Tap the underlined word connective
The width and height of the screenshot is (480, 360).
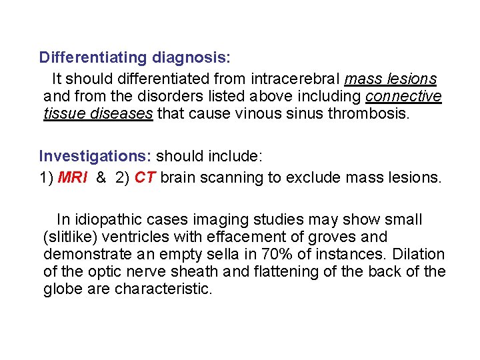click(x=403, y=97)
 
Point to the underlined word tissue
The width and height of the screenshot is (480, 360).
click(x=63, y=113)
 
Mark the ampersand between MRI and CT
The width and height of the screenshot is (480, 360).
click(x=101, y=177)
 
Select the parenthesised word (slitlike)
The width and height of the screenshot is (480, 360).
click(x=71, y=237)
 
